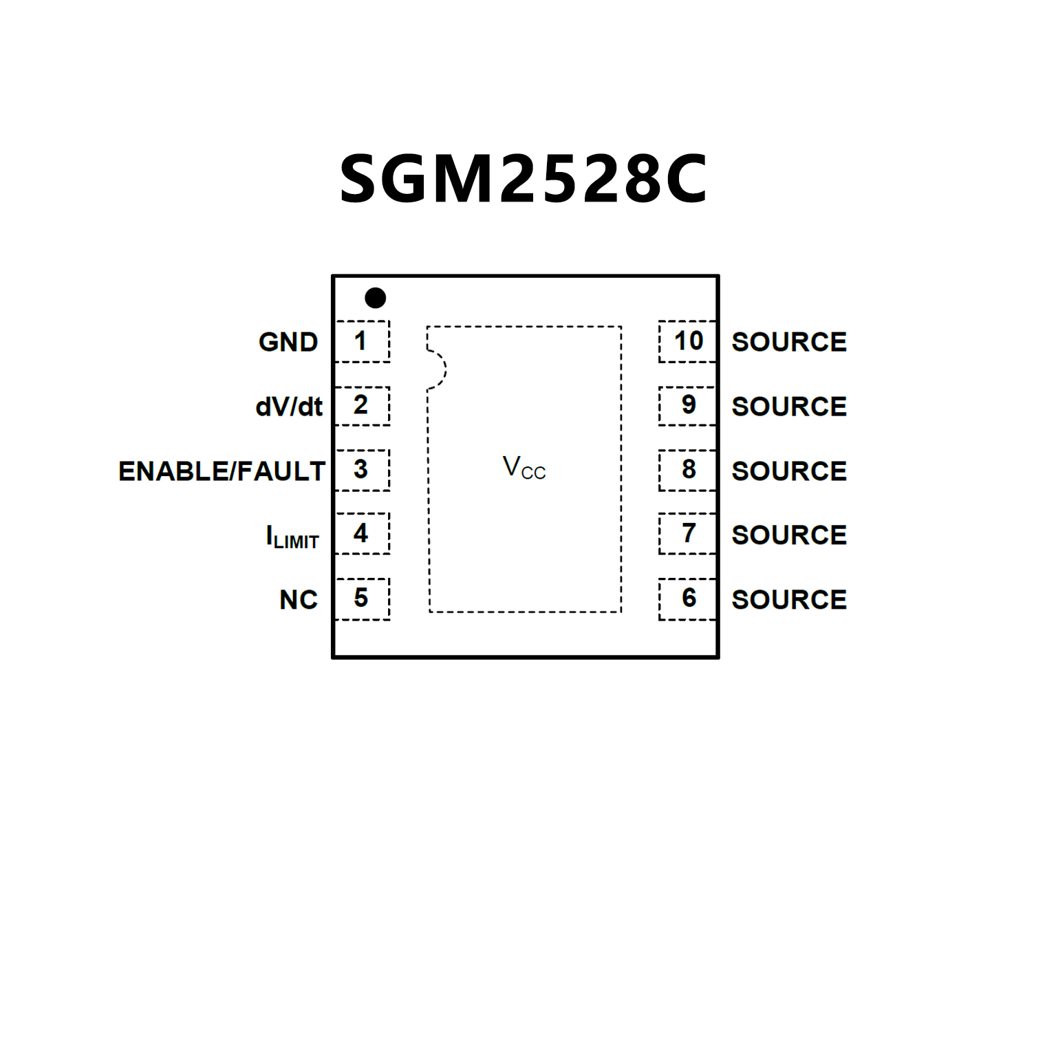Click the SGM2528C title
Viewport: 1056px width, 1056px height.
coord(524,179)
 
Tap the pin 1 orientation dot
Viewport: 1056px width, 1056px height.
coord(375,298)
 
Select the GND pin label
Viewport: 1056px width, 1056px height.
coord(288,342)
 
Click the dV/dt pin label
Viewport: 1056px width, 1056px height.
coord(289,407)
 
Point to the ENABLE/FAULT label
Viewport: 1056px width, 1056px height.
coord(222,471)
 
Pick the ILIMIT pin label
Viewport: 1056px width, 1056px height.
coord(292,536)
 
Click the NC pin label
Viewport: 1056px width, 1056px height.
coord(299,600)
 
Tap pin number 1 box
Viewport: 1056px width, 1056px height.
coord(363,341)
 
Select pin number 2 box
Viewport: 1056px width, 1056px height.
coord(363,406)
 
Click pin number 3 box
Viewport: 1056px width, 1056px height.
coord(363,470)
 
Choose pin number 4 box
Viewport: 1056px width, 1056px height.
coord(363,534)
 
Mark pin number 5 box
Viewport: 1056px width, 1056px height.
coord(363,599)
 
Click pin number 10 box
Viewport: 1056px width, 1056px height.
coord(687,341)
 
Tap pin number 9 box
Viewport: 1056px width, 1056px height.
coord(687,406)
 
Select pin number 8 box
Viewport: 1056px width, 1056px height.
coord(687,470)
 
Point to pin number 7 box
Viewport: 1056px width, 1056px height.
coord(687,534)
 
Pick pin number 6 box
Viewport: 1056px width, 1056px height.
coord(687,599)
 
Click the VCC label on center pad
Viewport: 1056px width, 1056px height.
coord(524,468)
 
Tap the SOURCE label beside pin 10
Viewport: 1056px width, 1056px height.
coord(789,342)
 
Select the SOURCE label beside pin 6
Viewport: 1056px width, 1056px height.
coord(789,600)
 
